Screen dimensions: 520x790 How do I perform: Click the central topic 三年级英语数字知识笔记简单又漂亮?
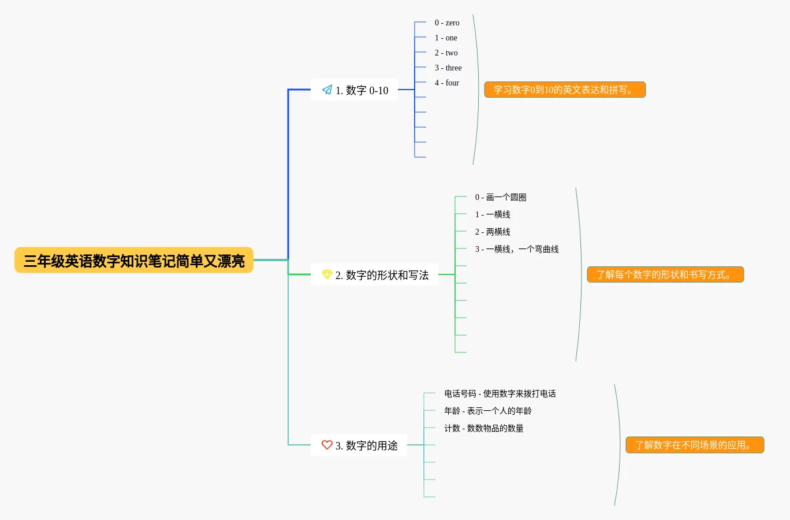tap(134, 261)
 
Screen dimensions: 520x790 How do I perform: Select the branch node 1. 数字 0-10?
tap(354, 90)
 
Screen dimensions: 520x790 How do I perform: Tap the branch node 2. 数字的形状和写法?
tap(374, 275)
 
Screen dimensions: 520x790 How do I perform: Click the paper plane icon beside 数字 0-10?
tap(327, 90)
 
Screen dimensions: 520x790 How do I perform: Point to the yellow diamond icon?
tap(327, 274)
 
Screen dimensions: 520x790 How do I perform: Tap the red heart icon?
tap(327, 445)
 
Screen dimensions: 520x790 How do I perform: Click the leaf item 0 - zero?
tap(447, 23)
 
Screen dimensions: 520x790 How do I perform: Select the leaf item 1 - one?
tap(446, 38)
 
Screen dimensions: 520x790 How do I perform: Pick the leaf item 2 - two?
tap(446, 53)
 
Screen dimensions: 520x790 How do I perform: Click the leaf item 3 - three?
tap(448, 68)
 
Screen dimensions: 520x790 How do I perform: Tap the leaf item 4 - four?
tap(447, 83)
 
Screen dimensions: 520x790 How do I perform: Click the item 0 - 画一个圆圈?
tap(500, 198)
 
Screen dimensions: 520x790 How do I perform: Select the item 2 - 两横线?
tap(493, 232)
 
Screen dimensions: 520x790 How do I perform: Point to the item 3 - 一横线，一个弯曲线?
tap(517, 250)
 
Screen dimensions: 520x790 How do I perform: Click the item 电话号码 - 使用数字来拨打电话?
tap(500, 394)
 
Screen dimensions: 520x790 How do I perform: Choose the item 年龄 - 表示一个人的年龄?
tap(487, 411)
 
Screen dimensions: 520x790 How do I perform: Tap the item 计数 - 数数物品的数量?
tap(483, 429)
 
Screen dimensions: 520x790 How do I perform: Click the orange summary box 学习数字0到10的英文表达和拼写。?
tap(565, 90)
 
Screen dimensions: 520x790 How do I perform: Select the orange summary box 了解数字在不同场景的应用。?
tap(695, 445)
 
